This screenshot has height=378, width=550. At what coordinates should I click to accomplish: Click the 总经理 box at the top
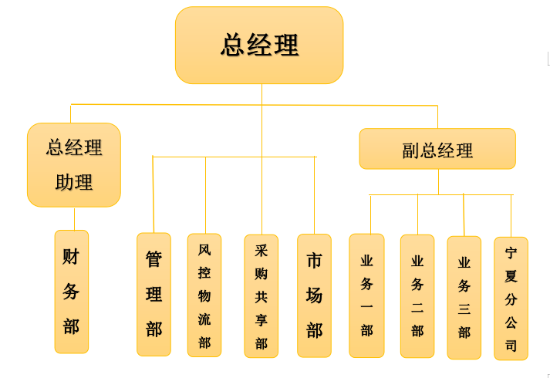tap(259, 45)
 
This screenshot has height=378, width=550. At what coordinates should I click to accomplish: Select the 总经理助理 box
tap(74, 164)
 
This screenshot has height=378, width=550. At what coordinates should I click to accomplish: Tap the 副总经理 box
tap(437, 149)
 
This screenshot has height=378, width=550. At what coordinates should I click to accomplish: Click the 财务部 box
tap(72, 292)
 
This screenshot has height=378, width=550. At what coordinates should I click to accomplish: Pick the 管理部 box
tap(154, 294)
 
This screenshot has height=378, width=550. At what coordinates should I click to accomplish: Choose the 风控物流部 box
tap(204, 295)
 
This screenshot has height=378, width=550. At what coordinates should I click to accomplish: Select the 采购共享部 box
tap(262, 296)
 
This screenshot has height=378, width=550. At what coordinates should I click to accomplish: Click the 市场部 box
tap(314, 295)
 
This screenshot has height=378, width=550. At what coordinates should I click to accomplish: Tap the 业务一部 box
tap(366, 295)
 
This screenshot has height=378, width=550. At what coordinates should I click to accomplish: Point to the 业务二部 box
tap(417, 296)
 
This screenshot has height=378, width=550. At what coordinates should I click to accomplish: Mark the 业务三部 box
tap(464, 297)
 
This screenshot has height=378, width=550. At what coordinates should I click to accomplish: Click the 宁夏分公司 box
tap(511, 299)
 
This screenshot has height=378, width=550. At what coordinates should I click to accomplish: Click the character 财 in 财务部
tap(71, 257)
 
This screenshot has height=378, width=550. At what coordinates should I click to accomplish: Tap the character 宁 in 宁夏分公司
tap(511, 253)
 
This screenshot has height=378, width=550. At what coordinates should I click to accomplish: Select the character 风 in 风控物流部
tap(204, 250)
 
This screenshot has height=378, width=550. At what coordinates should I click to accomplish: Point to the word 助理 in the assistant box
tap(74, 183)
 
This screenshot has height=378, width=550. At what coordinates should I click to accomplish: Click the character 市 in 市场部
tap(314, 261)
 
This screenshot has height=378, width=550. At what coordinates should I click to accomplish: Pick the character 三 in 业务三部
tap(464, 309)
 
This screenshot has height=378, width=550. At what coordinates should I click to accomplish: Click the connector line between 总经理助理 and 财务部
tap(74, 218)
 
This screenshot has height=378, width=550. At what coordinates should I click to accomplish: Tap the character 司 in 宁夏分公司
tap(511, 346)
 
